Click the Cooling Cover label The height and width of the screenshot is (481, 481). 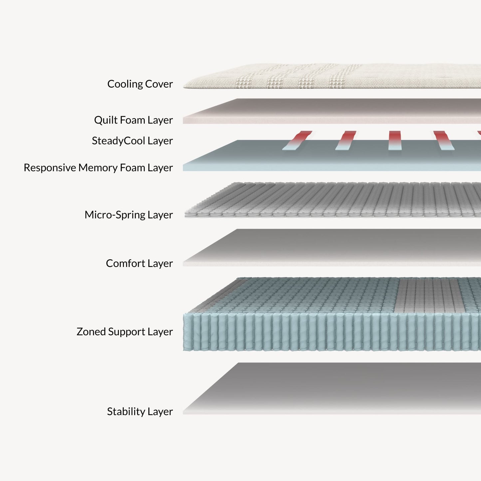tap(140, 84)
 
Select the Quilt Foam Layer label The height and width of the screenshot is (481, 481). tap(133, 120)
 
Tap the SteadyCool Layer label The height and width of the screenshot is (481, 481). tap(132, 141)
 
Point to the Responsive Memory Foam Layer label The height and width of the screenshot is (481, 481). tap(98, 168)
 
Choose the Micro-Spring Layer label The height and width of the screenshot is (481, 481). tap(128, 215)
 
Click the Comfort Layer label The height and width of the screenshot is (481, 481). tap(139, 264)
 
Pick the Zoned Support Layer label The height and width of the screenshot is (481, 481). tap(124, 332)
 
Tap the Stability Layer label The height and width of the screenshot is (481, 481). tap(140, 412)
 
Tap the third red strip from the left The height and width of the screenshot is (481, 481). tap(395, 140)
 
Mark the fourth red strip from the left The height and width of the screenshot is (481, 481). tap(443, 140)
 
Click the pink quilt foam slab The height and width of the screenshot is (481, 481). tap(333, 112)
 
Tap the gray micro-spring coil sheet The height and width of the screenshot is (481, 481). tap(333, 200)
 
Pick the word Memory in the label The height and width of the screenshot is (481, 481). tap(98, 168)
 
